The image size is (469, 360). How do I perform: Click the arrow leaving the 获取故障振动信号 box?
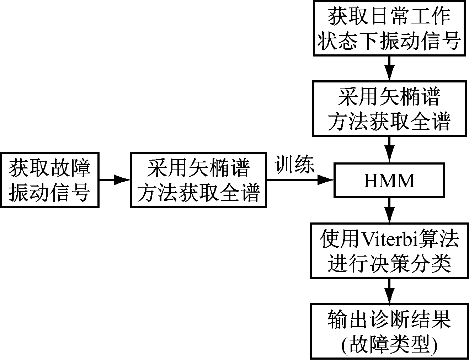coord(114,180)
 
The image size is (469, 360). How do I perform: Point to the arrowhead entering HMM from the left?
coord(325,180)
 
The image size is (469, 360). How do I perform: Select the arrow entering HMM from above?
coord(389,150)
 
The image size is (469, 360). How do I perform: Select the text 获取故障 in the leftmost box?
coord(49,167)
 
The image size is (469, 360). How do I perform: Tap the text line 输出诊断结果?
coord(389,319)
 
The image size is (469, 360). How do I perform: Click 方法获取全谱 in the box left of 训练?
coord(198,193)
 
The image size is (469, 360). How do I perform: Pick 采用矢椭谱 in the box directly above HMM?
coord(389,96)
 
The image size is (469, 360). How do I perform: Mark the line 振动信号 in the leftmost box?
coord(49,193)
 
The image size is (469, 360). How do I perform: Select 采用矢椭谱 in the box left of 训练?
coord(198,167)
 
